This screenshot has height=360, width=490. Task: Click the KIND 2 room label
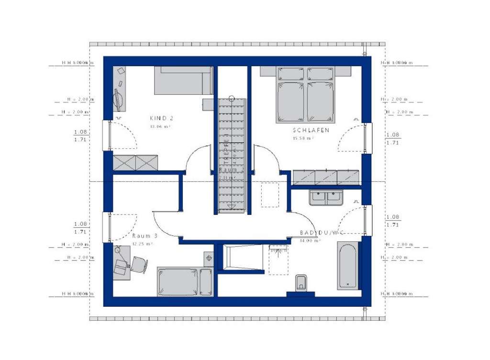tap(161, 118)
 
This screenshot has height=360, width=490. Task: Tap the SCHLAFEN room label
tap(311, 130)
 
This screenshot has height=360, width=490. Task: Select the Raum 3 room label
tap(145, 236)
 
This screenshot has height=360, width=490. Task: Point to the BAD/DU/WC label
tap(322, 233)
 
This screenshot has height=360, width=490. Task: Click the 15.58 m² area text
tap(303, 138)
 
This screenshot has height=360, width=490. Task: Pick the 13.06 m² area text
tap(160, 126)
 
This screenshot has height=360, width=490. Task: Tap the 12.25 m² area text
tap(142, 244)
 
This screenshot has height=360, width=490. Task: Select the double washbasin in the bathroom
tap(325, 197)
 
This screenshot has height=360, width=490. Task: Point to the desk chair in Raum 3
tap(139, 265)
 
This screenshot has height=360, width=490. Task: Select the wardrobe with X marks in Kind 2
tap(135, 162)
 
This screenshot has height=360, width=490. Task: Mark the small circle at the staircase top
tap(232, 99)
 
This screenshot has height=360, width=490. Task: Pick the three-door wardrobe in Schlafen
tap(326, 177)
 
